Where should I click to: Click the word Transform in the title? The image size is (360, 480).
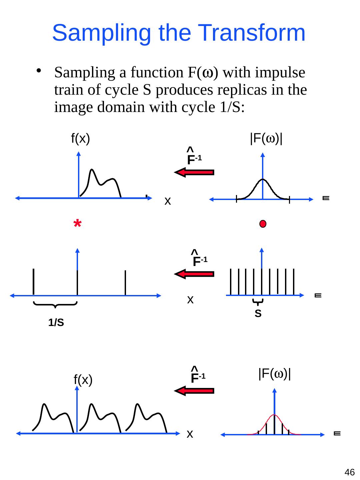point(249,33)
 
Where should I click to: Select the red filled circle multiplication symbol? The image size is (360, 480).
point(263,224)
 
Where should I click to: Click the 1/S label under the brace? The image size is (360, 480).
point(56,323)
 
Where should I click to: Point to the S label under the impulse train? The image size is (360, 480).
point(258,314)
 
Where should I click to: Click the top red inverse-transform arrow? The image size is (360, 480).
point(194,172)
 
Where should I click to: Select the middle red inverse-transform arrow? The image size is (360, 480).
point(194,274)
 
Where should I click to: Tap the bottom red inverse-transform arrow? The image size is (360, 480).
point(194,391)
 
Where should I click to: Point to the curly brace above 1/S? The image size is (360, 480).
point(55,304)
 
